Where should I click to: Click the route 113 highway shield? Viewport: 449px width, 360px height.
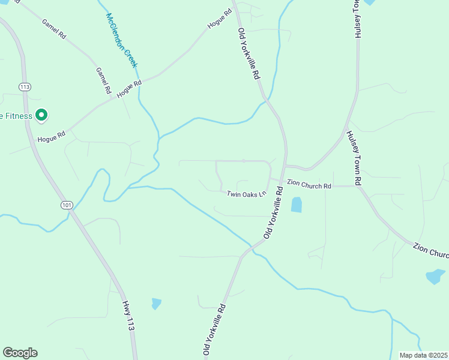[x=25, y=87]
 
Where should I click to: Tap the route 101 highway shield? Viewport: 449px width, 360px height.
[x=67, y=205]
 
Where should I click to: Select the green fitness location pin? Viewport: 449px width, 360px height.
[x=41, y=115]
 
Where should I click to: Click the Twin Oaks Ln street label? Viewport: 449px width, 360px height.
[x=246, y=194]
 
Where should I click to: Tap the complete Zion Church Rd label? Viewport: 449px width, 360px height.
[x=309, y=186]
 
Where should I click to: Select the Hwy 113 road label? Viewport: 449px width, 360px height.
[x=127, y=316]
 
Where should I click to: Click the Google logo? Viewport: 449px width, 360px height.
[x=20, y=353]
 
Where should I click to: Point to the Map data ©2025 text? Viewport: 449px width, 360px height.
[x=423, y=355]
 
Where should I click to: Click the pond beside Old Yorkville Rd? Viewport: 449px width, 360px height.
[x=297, y=205]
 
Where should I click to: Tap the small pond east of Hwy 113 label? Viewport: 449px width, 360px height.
[x=157, y=304]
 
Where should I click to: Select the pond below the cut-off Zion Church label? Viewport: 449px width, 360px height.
[x=435, y=277]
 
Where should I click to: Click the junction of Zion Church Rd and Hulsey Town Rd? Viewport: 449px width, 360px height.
[x=357, y=186]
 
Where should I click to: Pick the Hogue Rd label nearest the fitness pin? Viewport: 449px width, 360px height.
[x=51, y=139]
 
